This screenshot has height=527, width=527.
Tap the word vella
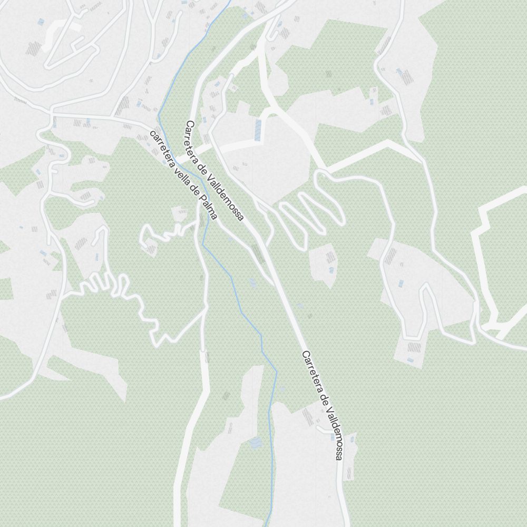[x=179, y=170]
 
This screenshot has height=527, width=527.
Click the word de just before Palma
[x=192, y=189]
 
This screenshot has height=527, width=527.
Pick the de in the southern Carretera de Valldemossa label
[x=321, y=399]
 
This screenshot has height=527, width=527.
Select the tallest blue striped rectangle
[x=258, y=130]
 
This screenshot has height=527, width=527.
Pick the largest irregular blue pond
[x=255, y=442]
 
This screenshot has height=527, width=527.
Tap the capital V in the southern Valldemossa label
[x=326, y=408]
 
